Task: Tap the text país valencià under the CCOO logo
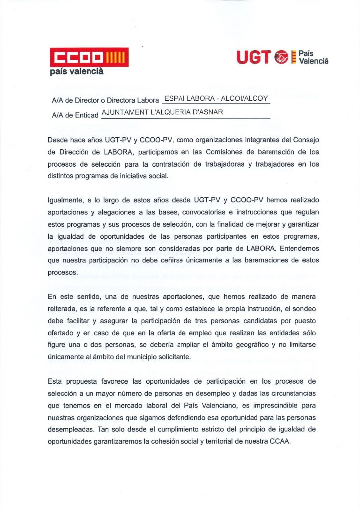[x=77, y=72]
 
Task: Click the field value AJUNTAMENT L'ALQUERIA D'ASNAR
[x=163, y=112]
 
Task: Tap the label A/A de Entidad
[x=76, y=115]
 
